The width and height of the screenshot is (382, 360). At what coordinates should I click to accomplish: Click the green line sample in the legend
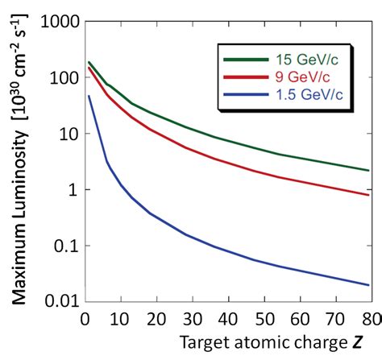coord(243,58)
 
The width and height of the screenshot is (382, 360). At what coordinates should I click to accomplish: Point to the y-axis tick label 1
coord(72,190)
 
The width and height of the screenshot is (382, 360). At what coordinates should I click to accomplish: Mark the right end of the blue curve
coord(369,284)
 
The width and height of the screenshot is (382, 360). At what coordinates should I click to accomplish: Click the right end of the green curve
coord(369,170)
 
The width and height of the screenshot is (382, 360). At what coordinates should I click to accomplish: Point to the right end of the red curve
coord(369,195)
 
